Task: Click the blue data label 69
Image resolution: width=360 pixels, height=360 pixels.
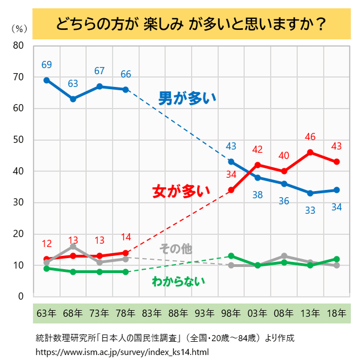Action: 47,65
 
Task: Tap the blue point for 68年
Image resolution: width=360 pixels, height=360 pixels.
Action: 73,99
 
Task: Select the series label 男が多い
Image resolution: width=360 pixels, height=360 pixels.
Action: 187,99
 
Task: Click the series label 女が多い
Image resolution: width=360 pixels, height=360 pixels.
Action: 181,191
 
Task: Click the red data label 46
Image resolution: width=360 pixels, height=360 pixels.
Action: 310,137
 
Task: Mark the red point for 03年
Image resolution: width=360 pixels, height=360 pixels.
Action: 258,164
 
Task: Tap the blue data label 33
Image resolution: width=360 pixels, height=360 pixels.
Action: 310,210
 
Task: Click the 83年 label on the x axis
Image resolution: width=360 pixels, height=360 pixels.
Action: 152,313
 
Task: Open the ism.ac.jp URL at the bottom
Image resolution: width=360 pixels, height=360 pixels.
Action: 122,352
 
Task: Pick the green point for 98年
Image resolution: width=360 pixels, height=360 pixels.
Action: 231,256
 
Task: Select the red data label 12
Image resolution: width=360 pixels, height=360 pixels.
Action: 47,244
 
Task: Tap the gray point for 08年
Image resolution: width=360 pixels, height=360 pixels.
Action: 284,256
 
